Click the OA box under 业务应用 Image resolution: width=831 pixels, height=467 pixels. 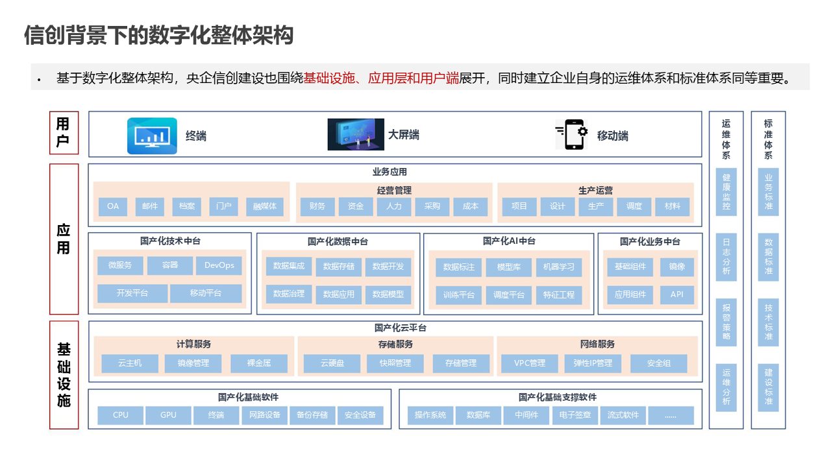pyautogui.click(x=113, y=206)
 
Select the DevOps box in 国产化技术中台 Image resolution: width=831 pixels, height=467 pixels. pyautogui.click(x=219, y=265)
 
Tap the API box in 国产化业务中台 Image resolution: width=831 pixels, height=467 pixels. pyautogui.click(x=676, y=294)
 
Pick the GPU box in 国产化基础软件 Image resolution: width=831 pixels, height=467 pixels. pyautogui.click(x=169, y=415)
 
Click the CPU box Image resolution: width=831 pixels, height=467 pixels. pyautogui.click(x=121, y=415)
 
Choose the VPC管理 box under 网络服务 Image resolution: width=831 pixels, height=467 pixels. pyautogui.click(x=529, y=363)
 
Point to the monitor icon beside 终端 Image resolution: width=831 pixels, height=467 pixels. pyautogui.click(x=152, y=136)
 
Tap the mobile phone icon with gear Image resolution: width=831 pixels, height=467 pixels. pyautogui.click(x=572, y=135)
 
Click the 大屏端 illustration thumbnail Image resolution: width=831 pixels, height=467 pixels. pyautogui.click(x=356, y=134)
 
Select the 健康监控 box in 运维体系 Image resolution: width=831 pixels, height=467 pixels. pyautogui.click(x=726, y=192)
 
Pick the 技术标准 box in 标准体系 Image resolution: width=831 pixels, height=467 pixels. pyautogui.click(x=768, y=322)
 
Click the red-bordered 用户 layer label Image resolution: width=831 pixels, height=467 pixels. pyautogui.click(x=64, y=133)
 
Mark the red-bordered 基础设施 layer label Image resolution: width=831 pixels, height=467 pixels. pyautogui.click(x=64, y=375)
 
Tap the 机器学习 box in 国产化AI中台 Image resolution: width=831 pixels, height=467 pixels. pyautogui.click(x=558, y=267)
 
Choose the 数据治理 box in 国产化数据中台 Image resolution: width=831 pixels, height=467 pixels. pyautogui.click(x=289, y=293)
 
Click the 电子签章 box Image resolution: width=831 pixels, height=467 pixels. pyautogui.click(x=575, y=415)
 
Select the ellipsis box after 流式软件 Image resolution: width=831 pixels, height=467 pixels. pyautogui.click(x=671, y=415)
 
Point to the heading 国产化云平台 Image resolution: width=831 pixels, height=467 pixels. pyautogui.click(x=395, y=328)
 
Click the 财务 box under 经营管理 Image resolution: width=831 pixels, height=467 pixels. pyautogui.click(x=317, y=206)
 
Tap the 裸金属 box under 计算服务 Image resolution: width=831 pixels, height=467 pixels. pyautogui.click(x=259, y=363)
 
